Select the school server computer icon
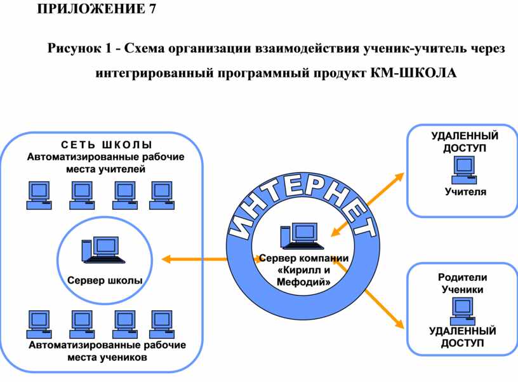click(102, 250)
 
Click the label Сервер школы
click(105, 280)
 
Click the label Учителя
click(465, 192)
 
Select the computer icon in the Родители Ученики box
click(462, 311)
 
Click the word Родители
click(462, 278)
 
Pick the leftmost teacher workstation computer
click(38, 194)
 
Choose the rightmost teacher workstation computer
click(161, 194)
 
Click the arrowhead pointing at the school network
click(166, 259)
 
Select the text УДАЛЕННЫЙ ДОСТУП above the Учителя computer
click(465, 142)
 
